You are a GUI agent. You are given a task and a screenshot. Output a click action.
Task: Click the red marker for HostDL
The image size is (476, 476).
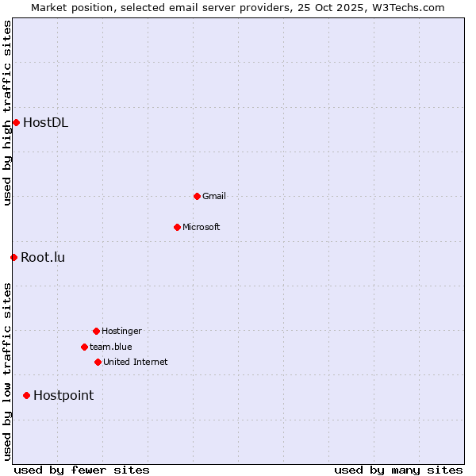16,122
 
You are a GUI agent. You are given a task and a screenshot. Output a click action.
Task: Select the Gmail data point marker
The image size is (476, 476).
197,196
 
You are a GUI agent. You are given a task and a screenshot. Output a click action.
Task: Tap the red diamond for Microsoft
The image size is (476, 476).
177,227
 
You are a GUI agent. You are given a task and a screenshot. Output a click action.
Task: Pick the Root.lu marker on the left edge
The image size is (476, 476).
13,257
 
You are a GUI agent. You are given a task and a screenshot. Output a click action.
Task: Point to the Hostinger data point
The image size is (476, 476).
96,331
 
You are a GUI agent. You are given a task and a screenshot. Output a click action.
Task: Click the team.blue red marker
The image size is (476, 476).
84,347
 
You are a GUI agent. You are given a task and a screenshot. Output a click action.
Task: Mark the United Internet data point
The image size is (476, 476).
98,362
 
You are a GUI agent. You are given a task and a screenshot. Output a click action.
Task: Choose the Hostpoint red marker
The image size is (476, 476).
26,395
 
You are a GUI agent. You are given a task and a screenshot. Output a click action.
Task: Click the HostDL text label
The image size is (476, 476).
45,122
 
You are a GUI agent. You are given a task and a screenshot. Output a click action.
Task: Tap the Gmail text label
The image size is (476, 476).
214,196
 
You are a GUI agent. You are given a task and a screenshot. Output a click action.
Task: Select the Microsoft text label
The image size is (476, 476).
202,227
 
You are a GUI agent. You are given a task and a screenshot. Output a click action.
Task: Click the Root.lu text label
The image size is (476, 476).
43,257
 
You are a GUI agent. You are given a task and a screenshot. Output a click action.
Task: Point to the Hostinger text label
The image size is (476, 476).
121,331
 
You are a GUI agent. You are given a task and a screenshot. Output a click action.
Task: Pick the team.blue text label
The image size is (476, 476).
111,347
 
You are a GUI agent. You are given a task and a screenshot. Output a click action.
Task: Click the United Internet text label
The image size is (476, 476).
136,362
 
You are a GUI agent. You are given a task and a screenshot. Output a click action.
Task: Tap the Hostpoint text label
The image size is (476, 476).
63,395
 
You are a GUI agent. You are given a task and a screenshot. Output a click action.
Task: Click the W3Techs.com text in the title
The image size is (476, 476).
406,7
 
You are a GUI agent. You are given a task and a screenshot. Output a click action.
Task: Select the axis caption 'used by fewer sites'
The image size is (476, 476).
82,470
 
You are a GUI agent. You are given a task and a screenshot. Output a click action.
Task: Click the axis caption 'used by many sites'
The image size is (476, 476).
398,470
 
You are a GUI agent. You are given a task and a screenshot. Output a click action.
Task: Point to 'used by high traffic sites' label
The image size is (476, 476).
7,113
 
